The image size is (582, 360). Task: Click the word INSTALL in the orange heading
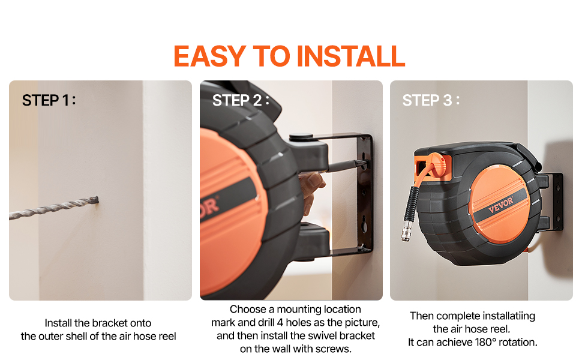click(x=351, y=56)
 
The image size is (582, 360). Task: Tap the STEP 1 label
click(x=49, y=100)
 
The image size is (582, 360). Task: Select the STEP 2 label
click(x=241, y=100)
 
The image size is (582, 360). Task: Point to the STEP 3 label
click(x=431, y=100)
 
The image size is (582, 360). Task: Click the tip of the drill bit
click(x=97, y=200)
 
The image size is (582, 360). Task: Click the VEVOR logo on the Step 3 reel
click(x=501, y=205)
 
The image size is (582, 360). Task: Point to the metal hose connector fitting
click(x=406, y=230)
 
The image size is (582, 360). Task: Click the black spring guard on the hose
click(x=412, y=204)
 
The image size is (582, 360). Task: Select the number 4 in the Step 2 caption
click(x=280, y=322)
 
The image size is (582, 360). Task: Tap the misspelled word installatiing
click(x=505, y=316)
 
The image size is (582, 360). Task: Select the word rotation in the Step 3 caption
click(x=518, y=342)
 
